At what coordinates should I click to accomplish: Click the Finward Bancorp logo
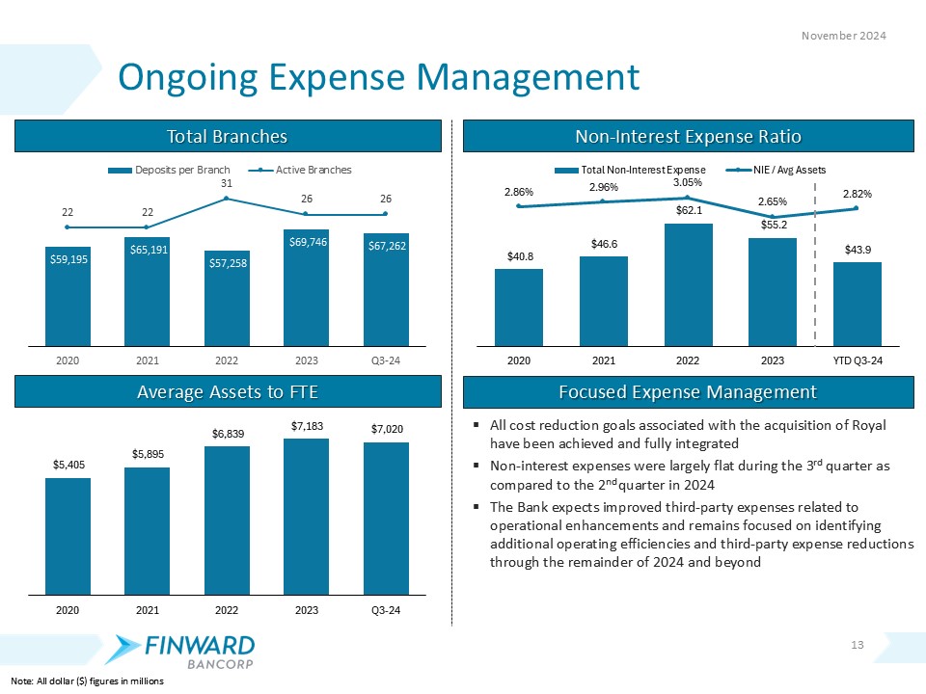183,651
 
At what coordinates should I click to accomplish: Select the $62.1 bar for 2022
688,284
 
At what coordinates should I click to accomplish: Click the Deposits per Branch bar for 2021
147,291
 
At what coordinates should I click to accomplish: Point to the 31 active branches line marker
226,199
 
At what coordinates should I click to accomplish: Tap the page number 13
859,644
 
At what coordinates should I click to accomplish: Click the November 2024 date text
845,35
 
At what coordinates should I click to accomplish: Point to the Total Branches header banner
228,136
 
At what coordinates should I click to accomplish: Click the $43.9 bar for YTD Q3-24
857,304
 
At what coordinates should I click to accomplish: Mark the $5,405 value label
68,465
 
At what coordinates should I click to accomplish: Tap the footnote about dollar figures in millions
82,681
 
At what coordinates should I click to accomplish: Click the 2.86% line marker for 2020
519,206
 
